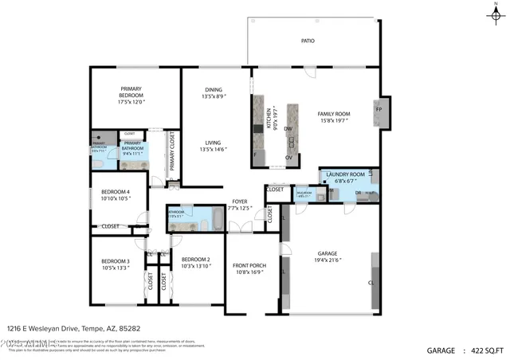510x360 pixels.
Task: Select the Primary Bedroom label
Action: click(135, 92)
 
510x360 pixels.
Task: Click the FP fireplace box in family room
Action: click(379, 108)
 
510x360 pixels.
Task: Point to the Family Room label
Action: click(334, 114)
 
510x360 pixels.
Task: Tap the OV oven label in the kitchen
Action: click(288, 157)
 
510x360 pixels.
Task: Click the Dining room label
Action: click(214, 90)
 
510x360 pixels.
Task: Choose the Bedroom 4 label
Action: click(116, 192)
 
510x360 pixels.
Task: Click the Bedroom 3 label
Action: click(116, 261)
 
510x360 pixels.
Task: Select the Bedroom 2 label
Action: click(195, 260)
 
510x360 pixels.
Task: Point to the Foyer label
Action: click(239, 202)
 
